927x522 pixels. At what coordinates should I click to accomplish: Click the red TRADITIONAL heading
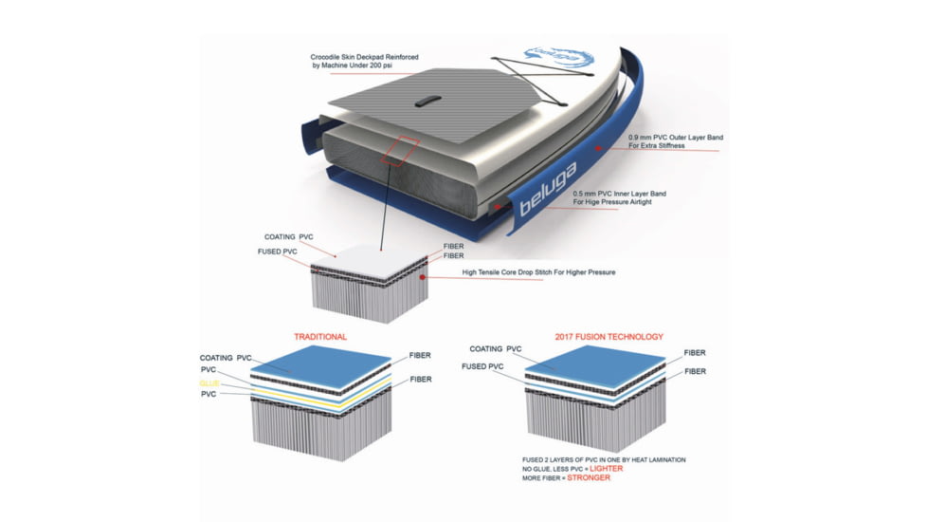pyautogui.click(x=320, y=337)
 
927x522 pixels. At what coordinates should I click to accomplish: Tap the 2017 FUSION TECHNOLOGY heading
pyautogui.click(x=609, y=337)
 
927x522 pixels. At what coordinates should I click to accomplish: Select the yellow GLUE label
pyautogui.click(x=209, y=383)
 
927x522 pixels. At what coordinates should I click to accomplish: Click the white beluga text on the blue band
pyautogui.click(x=547, y=190)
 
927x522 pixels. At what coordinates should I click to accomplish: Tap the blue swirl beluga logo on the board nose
pyautogui.click(x=558, y=58)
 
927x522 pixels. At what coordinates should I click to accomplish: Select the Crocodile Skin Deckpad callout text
pyautogui.click(x=364, y=61)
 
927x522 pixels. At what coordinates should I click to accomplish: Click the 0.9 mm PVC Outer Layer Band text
pyautogui.click(x=675, y=140)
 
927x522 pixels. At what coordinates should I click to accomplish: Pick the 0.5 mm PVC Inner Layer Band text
pyautogui.click(x=619, y=197)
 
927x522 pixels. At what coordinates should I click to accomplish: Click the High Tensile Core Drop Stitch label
pyautogui.click(x=538, y=272)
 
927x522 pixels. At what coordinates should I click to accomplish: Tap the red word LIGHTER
pyautogui.click(x=606, y=468)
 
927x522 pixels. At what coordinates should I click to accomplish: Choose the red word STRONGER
pyautogui.click(x=589, y=477)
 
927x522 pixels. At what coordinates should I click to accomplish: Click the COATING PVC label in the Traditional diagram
pyautogui.click(x=226, y=358)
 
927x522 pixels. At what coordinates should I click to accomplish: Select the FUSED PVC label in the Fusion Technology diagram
pyautogui.click(x=482, y=366)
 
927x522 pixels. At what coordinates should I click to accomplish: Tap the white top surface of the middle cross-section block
pyautogui.click(x=369, y=263)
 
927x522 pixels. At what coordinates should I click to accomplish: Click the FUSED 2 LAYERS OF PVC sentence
pyautogui.click(x=604, y=459)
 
